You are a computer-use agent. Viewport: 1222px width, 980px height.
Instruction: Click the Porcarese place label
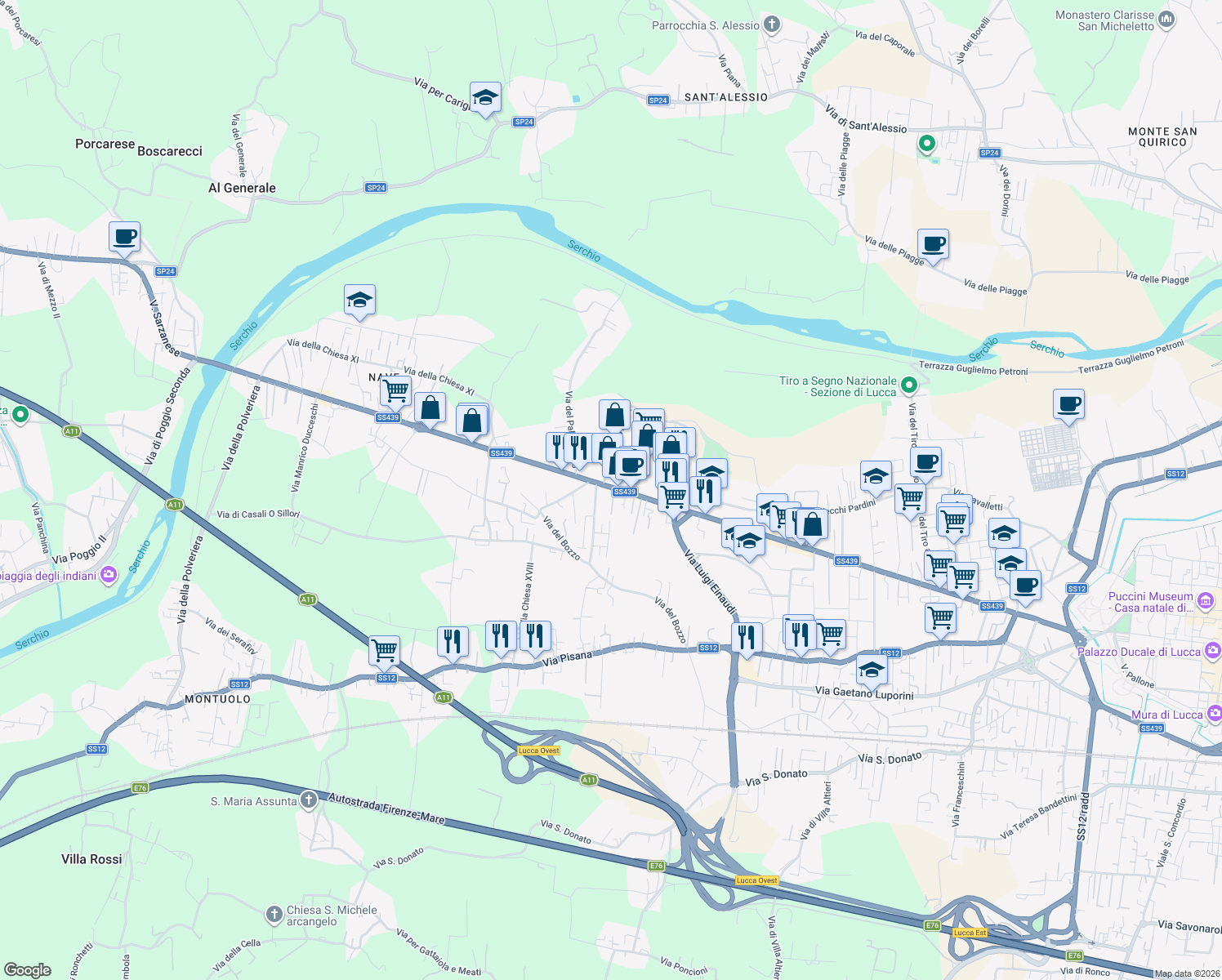tap(105, 144)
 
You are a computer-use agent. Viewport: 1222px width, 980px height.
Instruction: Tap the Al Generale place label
tap(242, 188)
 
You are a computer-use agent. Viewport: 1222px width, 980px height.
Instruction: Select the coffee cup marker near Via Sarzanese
tap(124, 238)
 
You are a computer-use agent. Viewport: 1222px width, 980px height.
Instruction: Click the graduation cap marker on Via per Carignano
tap(485, 98)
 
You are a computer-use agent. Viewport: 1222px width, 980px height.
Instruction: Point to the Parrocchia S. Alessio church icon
tap(772, 24)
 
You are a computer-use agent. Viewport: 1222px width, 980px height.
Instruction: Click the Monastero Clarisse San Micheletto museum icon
tap(1166, 20)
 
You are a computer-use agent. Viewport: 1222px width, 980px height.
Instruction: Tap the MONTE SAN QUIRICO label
tap(1162, 136)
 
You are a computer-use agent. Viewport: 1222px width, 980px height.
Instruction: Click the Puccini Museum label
tap(1150, 602)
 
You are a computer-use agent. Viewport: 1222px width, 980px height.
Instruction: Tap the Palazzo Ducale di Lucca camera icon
tap(1212, 651)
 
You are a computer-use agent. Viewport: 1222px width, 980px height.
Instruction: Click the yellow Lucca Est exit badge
tap(970, 933)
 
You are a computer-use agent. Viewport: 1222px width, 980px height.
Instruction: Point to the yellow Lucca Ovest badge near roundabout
tap(538, 751)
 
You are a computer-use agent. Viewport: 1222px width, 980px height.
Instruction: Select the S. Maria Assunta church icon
tap(308, 800)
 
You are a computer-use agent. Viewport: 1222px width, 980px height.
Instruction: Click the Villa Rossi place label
tap(91, 859)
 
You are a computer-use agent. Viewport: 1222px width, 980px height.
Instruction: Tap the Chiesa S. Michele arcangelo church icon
tap(275, 913)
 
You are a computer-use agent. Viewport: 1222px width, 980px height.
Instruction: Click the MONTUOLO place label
tap(217, 699)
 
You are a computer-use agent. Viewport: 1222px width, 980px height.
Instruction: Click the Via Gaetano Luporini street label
tap(864, 693)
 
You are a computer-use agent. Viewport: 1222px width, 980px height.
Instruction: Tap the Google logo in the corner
tap(27, 969)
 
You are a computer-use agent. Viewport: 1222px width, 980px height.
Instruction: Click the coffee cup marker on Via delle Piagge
tap(933, 244)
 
